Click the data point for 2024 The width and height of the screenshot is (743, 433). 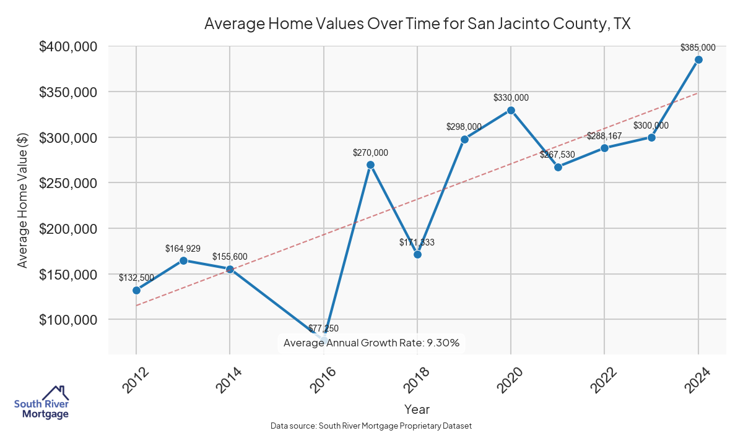[x=698, y=59]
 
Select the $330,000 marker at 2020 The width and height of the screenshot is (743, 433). [x=511, y=110]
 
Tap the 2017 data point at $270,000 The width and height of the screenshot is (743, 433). [x=370, y=165]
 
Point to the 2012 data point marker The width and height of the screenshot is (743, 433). [x=136, y=290]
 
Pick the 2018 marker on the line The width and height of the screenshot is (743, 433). [x=417, y=254]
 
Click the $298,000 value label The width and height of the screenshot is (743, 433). [x=464, y=126]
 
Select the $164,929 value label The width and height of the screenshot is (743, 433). [x=183, y=248]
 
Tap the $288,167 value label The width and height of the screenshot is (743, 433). [x=604, y=135]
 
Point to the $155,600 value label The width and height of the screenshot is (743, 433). [x=230, y=256]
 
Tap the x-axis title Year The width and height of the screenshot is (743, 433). [x=417, y=409]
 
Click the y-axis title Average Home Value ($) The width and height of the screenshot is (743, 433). [x=23, y=200]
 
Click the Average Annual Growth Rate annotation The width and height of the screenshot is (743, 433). [x=371, y=343]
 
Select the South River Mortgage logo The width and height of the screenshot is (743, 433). [x=41, y=403]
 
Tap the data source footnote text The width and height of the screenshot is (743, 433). [x=371, y=426]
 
